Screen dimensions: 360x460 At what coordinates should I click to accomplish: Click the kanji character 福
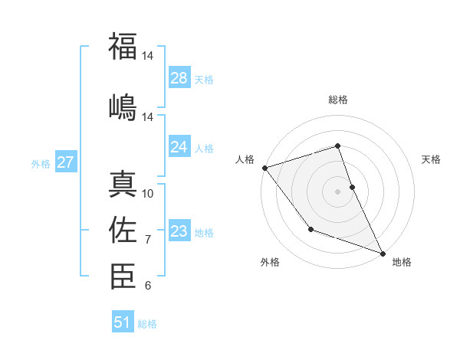pos(123,46)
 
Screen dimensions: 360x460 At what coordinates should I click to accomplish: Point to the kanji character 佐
pos(123,229)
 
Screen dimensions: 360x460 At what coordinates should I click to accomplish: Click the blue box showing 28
pos(179,78)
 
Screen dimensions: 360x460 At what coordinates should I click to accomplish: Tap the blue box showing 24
pos(179,147)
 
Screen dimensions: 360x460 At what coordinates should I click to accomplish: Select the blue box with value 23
pos(179,231)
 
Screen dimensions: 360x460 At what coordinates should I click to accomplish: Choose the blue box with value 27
pos(66,162)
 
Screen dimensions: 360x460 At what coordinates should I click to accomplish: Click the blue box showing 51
pos(123,322)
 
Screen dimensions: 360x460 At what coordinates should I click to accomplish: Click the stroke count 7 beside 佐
pos(148,240)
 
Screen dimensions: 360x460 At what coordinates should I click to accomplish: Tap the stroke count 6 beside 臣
pos(148,286)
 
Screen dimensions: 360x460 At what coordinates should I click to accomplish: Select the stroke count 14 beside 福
pos(148,56)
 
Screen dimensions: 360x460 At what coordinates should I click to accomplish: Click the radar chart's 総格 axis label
pos(338,100)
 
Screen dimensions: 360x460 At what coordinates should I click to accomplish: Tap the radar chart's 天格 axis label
pos(432,159)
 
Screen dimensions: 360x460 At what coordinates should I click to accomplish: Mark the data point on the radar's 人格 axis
pos(264,168)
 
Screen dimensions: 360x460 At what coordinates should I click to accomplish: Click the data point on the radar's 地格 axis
pos(383,253)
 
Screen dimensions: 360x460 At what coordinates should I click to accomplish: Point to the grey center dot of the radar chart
pos(338,191)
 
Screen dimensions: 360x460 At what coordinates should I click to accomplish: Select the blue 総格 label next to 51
pos(147,324)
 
